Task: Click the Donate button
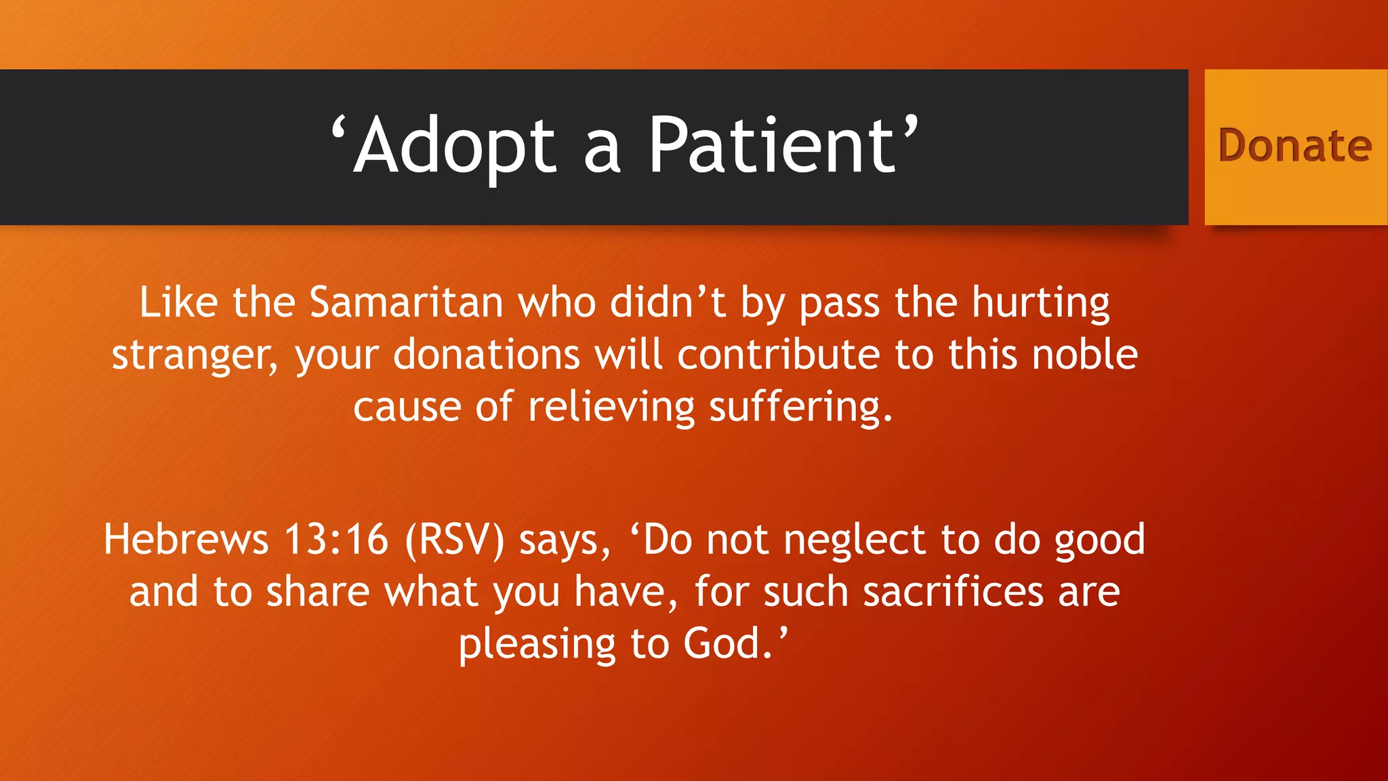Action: coord(1295,146)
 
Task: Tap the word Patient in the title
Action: coord(772,145)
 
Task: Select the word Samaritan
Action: coord(406,302)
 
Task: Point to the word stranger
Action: coord(194,355)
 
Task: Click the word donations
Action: coord(486,355)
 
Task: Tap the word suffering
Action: coord(800,407)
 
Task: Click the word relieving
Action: coord(611,407)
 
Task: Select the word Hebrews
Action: coord(186,540)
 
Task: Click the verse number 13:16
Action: coord(336,540)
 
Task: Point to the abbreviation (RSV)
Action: coord(455,540)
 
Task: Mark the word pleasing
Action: coord(537,644)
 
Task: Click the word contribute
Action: coord(778,355)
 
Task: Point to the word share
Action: coord(317,592)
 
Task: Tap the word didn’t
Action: coord(668,302)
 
